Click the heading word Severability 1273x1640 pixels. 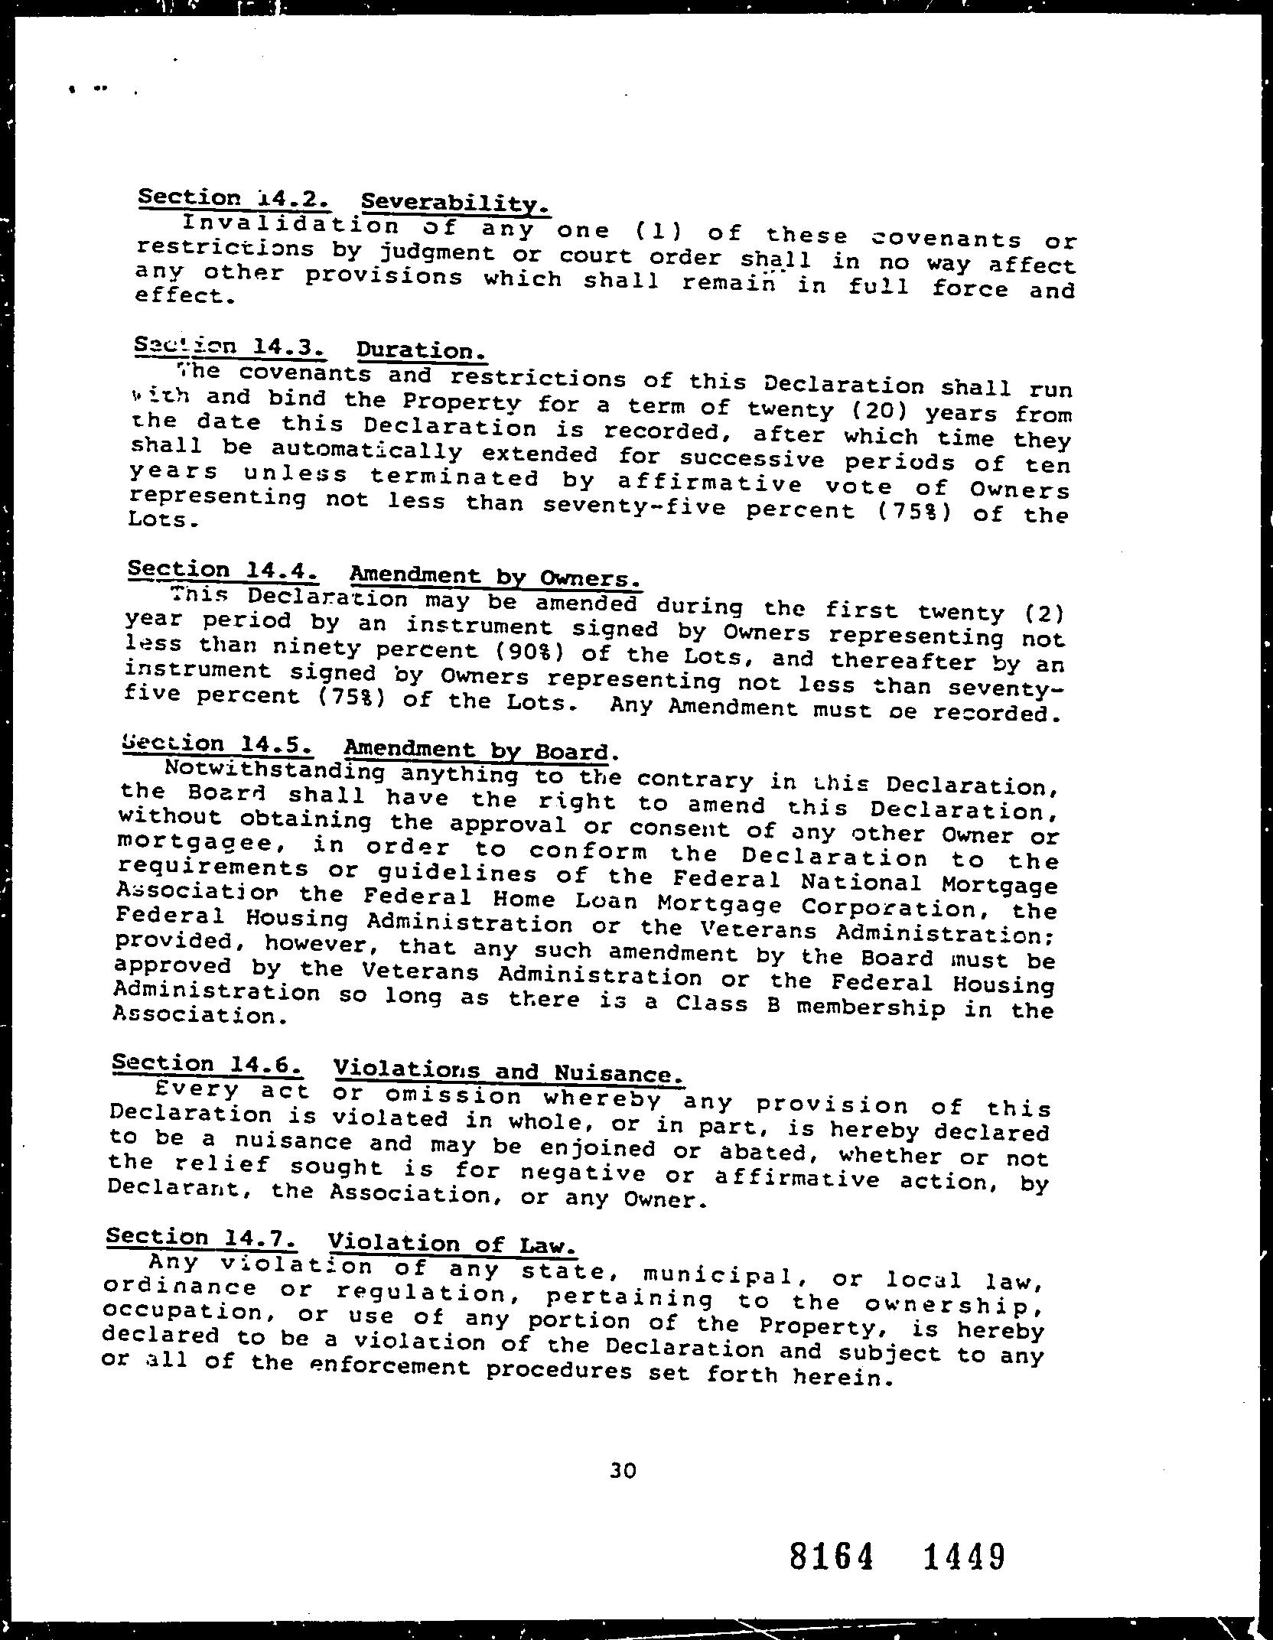coord(454,203)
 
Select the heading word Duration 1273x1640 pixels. coord(420,351)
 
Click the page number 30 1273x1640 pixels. coord(623,1470)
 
